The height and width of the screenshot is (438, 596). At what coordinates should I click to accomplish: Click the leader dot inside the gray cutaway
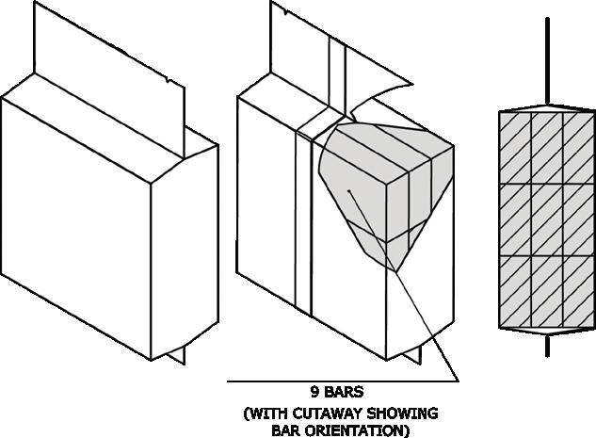[349, 191]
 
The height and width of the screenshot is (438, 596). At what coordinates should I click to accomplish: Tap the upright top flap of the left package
[104, 57]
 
